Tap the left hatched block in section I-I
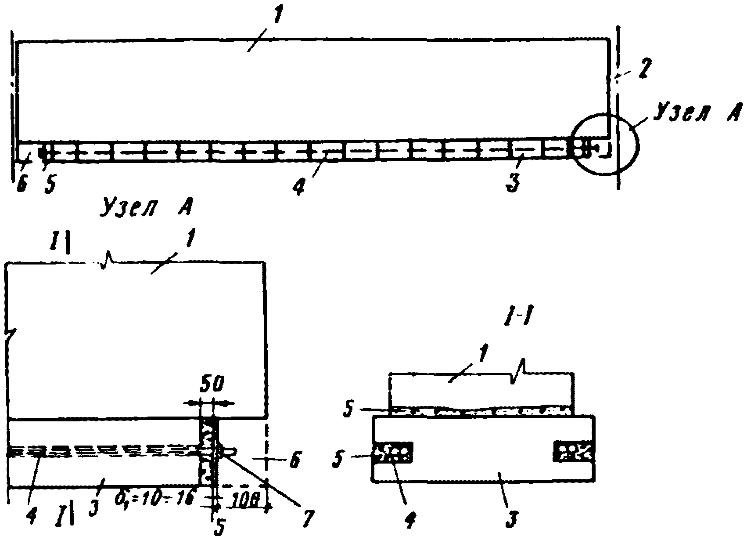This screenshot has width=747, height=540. [x=393, y=453]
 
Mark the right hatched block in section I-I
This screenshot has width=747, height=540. [x=574, y=453]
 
